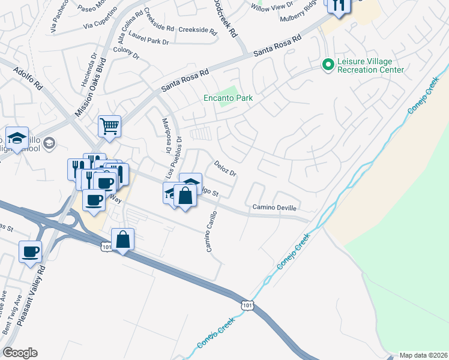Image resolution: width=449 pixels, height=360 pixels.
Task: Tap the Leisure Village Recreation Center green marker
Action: (328, 64)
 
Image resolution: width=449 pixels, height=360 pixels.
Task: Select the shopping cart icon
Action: (110, 127)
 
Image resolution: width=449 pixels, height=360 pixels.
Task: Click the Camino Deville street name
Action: (274, 208)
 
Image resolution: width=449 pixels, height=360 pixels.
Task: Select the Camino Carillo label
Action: (212, 231)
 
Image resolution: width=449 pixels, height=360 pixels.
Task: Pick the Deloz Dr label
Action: (226, 168)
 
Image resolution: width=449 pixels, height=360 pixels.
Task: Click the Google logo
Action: (20, 353)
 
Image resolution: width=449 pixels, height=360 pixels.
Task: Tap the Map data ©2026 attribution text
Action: (423, 355)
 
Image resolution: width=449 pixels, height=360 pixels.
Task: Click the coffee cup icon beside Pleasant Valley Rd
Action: (29, 251)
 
